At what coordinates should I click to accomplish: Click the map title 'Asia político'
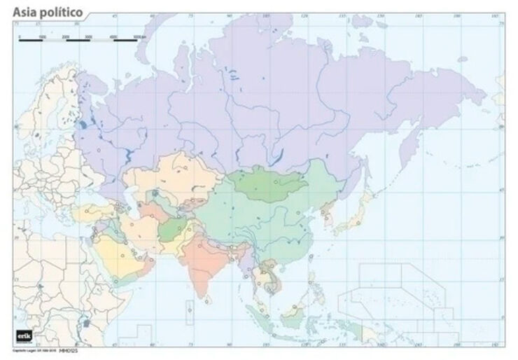48,13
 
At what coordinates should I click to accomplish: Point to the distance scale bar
78,39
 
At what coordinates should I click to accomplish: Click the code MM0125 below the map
67,349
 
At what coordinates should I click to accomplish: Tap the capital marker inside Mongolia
278,181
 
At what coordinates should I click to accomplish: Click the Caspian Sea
131,198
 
